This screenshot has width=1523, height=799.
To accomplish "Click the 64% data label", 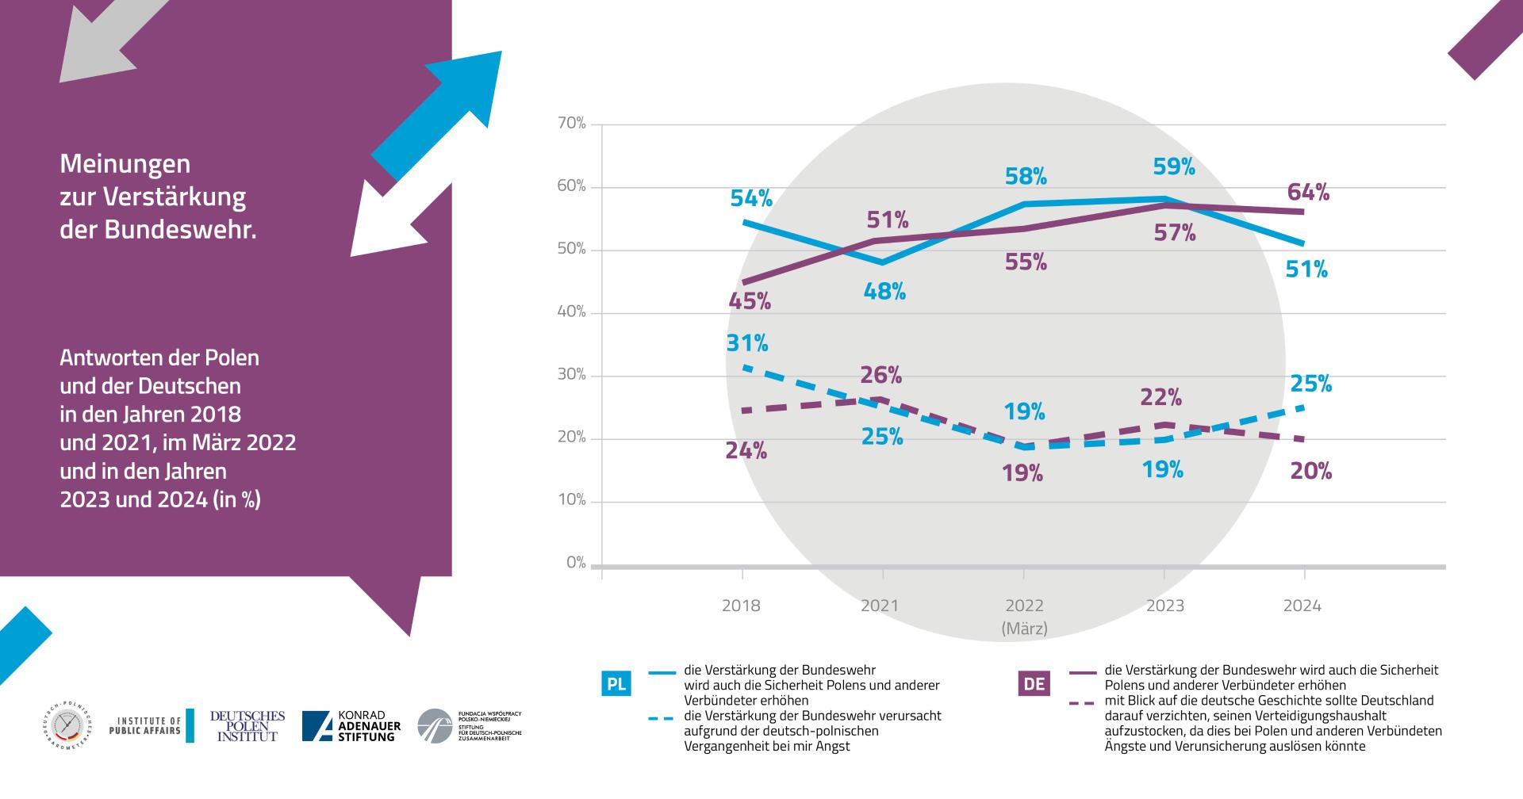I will point(1309,193).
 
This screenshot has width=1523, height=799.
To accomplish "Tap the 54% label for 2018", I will point(750,198).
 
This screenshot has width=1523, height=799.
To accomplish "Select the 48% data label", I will point(884,292).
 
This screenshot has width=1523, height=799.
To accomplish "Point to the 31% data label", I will point(747,343).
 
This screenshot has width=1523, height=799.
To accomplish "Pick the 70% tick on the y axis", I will point(571,124).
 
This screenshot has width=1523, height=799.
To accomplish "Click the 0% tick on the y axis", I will point(576,563).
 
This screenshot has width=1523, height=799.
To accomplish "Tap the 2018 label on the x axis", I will point(741,606).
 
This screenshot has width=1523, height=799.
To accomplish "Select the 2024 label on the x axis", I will point(1302,606).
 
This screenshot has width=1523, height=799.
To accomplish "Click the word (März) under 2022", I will point(1024,629).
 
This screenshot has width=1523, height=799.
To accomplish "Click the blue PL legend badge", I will point(616,683).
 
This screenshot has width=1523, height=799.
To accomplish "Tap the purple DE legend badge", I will point(1034,683).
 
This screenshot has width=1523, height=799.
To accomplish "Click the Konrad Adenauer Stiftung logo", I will point(351,726).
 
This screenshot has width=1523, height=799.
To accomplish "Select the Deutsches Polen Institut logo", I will point(247,726).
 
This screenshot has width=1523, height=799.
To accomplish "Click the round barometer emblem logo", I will point(67,726).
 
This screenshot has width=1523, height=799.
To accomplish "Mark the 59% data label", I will point(1174,166).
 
